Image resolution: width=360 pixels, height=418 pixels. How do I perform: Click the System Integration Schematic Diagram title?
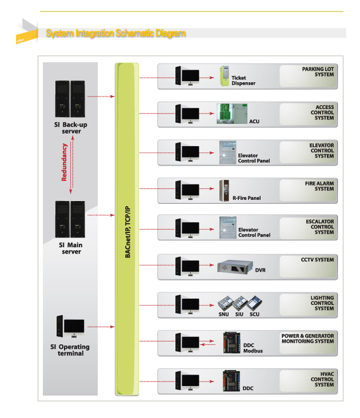point(116,33)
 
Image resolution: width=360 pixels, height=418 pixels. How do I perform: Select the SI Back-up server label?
point(71,128)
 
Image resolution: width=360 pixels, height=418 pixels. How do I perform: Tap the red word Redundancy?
point(64,162)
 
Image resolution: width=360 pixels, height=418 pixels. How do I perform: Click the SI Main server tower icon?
point(70,219)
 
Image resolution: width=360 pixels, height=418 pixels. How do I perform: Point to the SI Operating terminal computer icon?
point(70,326)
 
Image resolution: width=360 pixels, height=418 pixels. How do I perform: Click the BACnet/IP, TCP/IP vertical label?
point(128,232)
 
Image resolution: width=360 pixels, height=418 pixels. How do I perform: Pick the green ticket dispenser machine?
point(224,76)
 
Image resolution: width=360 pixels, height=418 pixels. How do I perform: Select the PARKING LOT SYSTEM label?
point(318,72)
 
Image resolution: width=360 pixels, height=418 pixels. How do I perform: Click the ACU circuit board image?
point(232,114)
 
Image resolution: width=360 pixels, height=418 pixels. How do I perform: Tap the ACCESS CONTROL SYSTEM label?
point(322,112)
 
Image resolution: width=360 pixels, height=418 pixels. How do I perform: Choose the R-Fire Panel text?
point(247,198)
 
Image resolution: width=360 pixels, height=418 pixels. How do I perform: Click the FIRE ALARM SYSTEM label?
point(319,186)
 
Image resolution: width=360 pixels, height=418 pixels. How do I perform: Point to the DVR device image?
point(235,267)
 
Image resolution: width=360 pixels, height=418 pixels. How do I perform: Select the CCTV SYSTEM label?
point(317,260)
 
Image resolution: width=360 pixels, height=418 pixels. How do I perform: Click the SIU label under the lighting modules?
point(239,314)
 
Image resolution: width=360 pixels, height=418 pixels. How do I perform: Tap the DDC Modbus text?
point(253,348)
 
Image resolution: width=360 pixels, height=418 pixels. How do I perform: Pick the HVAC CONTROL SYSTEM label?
point(322,379)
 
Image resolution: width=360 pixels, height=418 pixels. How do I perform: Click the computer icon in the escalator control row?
point(187,228)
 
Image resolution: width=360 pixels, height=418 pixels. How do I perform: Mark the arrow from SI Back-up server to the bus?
point(101,97)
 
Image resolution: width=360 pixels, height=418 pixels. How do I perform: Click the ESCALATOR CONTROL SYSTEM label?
point(320,227)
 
